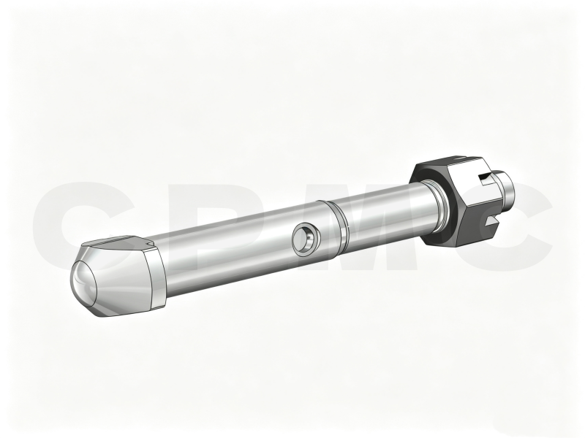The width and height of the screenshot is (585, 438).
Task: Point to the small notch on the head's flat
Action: tap(151, 244)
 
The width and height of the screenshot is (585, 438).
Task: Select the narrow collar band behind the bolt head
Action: tap(156, 278)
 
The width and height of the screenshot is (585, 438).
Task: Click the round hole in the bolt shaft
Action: tap(306, 239)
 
